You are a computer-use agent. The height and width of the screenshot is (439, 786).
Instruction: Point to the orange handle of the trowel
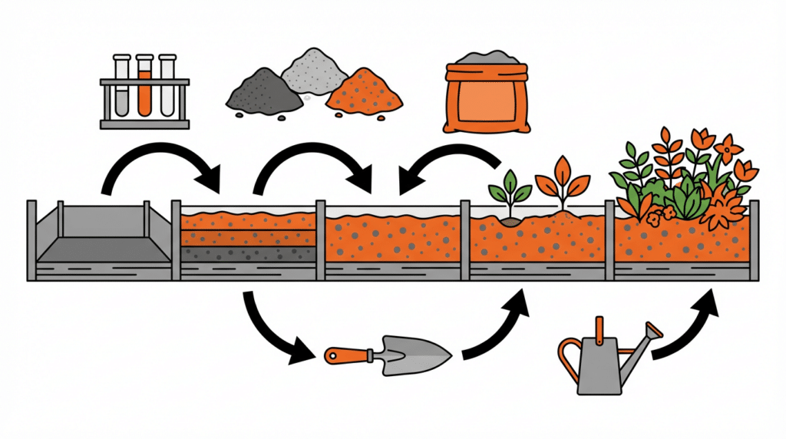point(346,355)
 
